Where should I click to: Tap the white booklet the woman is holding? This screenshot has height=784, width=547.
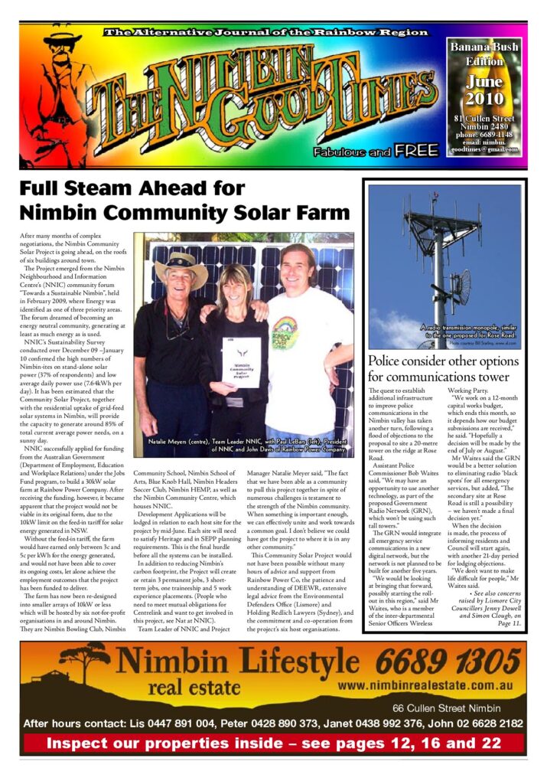pyautogui.click(x=239, y=361)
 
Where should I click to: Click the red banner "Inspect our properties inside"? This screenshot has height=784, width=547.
pyautogui.click(x=273, y=743)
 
